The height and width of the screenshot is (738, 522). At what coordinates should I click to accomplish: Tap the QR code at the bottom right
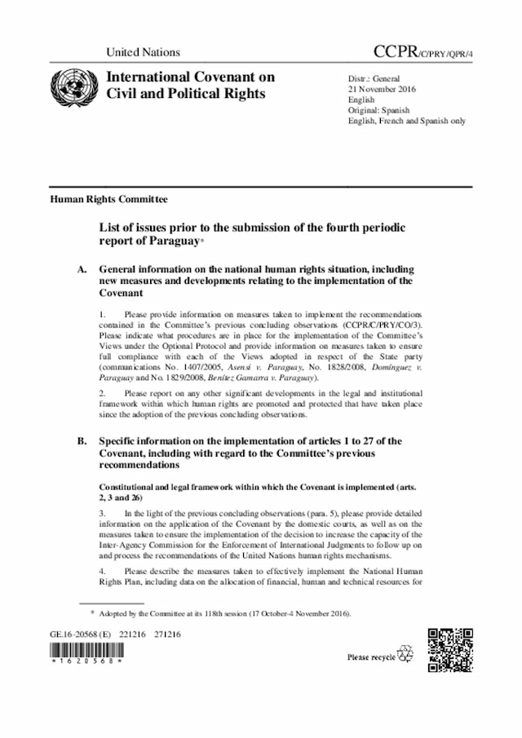coord(450,649)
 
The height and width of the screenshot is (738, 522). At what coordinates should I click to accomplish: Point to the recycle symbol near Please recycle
coord(405,655)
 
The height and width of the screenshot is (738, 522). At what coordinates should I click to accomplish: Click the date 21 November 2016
coord(383,88)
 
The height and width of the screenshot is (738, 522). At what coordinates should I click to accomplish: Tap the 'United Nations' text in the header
coord(143,52)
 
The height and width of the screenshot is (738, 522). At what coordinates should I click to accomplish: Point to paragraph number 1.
coord(102,314)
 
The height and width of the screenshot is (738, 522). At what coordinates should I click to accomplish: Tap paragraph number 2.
coord(102,393)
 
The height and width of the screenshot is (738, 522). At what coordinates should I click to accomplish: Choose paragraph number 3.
coord(102,513)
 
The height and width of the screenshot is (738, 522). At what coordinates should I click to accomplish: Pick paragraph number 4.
coord(102,571)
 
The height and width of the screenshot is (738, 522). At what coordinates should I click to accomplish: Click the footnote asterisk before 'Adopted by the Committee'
coord(91,612)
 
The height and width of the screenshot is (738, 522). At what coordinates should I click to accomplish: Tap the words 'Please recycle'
coord(371,656)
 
